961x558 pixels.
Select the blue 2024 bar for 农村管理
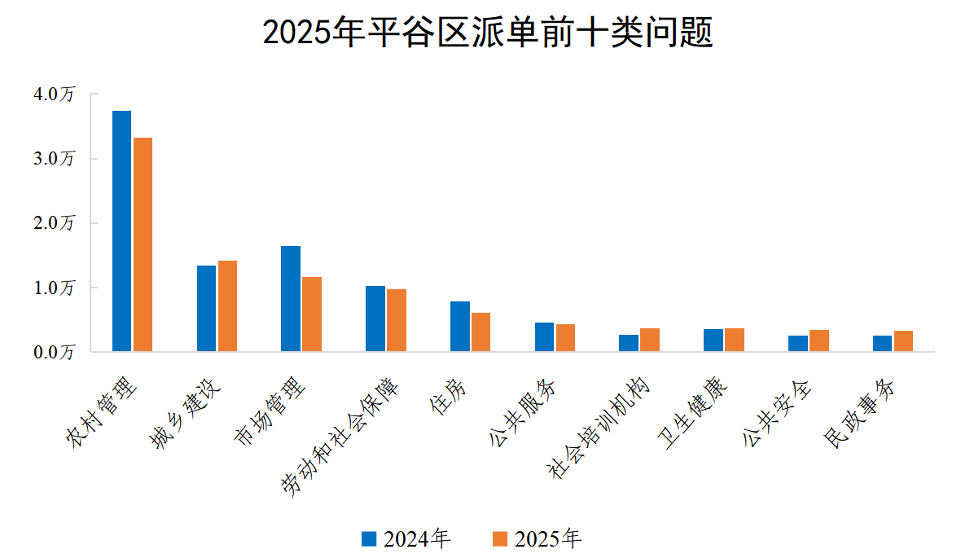(121, 231)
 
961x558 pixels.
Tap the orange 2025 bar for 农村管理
(143, 244)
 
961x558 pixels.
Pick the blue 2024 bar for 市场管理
(291, 299)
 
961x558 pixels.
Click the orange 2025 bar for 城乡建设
(227, 306)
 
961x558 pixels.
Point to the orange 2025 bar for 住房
(480, 332)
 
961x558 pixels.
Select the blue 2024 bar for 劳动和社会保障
(375, 319)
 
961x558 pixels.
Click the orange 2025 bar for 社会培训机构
(650, 341)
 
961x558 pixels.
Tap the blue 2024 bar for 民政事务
(882, 344)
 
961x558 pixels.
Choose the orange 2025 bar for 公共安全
(819, 341)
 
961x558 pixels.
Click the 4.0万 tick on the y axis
(54, 94)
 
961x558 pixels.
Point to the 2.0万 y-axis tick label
(54, 223)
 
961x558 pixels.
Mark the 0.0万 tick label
(54, 352)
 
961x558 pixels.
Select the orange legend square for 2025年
(501, 538)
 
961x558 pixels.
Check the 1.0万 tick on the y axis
(54, 288)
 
